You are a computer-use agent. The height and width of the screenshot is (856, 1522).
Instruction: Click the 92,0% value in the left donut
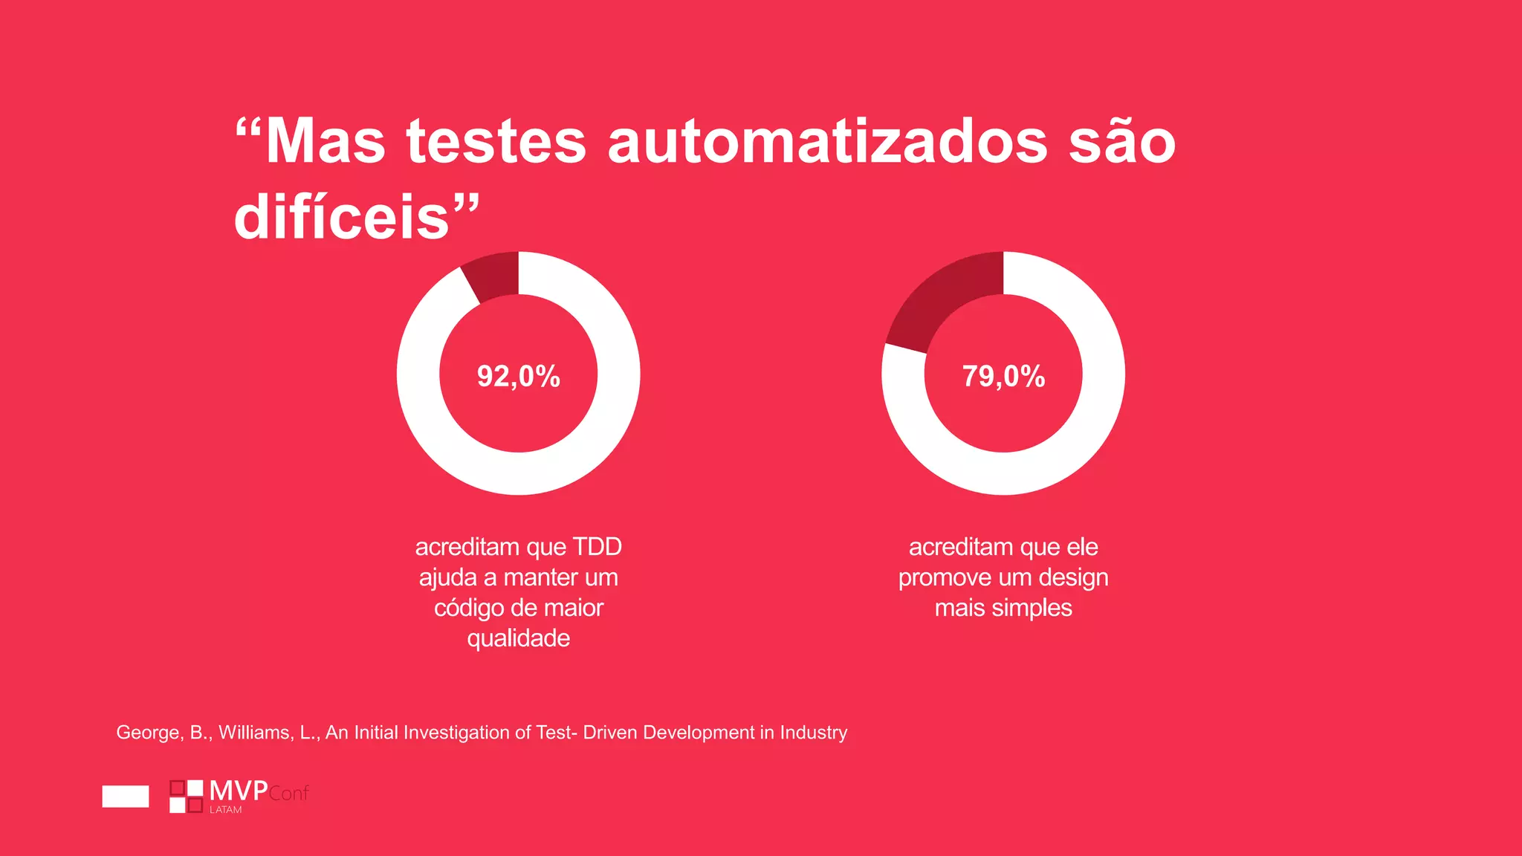(518, 376)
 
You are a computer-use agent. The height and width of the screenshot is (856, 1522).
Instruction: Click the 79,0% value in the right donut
(1003, 376)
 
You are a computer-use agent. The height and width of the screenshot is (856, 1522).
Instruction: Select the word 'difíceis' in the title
(342, 218)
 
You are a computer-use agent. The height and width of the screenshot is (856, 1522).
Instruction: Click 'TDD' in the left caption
(597, 547)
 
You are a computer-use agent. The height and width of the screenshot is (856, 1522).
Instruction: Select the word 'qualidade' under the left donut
(518, 638)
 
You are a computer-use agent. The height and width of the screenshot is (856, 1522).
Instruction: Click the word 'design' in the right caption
(1073, 578)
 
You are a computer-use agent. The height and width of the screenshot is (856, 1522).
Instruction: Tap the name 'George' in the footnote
(149, 733)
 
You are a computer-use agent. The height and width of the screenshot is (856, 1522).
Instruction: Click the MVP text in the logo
(238, 791)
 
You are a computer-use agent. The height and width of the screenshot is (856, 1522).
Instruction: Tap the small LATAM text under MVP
(225, 810)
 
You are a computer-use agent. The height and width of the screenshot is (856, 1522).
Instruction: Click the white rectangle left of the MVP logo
(125, 796)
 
